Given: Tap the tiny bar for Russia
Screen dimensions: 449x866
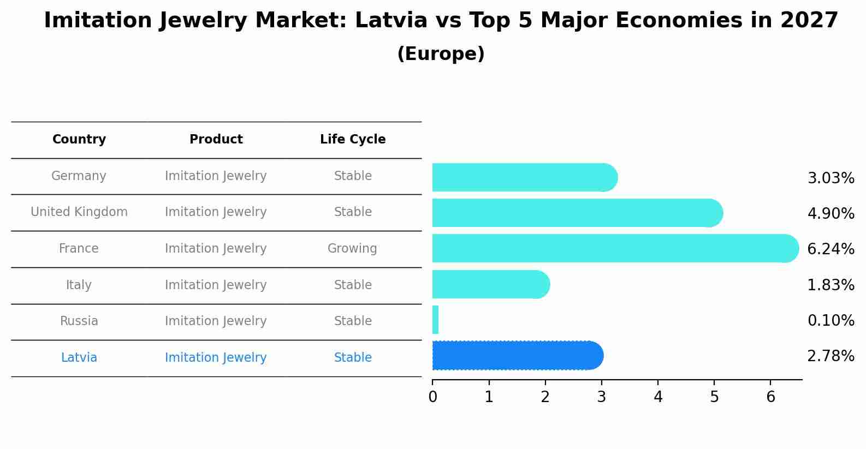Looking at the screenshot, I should click(x=435, y=320).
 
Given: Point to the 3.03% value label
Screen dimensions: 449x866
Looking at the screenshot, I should click(x=831, y=178).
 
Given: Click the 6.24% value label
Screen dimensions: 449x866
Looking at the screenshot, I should click(x=831, y=249).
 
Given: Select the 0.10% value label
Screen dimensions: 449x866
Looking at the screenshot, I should click(x=831, y=321).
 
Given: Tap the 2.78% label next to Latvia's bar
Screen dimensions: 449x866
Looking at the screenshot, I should click(x=831, y=356).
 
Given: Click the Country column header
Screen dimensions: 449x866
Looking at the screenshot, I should click(x=79, y=140).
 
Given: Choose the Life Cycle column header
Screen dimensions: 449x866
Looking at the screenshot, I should click(x=353, y=140).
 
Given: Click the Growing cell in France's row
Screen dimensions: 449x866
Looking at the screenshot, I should click(x=352, y=249).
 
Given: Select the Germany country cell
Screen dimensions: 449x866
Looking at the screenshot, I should click(x=79, y=176).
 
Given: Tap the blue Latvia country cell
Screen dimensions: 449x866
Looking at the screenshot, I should click(x=79, y=358).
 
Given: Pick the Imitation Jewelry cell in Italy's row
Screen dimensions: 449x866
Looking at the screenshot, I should click(x=216, y=285).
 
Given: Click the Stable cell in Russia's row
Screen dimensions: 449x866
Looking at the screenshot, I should click(x=353, y=321).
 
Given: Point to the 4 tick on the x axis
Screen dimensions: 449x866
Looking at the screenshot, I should click(x=658, y=397).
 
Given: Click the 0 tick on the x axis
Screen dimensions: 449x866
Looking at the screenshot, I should click(x=432, y=397).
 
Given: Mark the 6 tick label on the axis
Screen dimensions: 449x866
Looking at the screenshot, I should click(x=770, y=397).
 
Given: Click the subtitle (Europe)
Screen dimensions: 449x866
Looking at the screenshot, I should click(x=441, y=54).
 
